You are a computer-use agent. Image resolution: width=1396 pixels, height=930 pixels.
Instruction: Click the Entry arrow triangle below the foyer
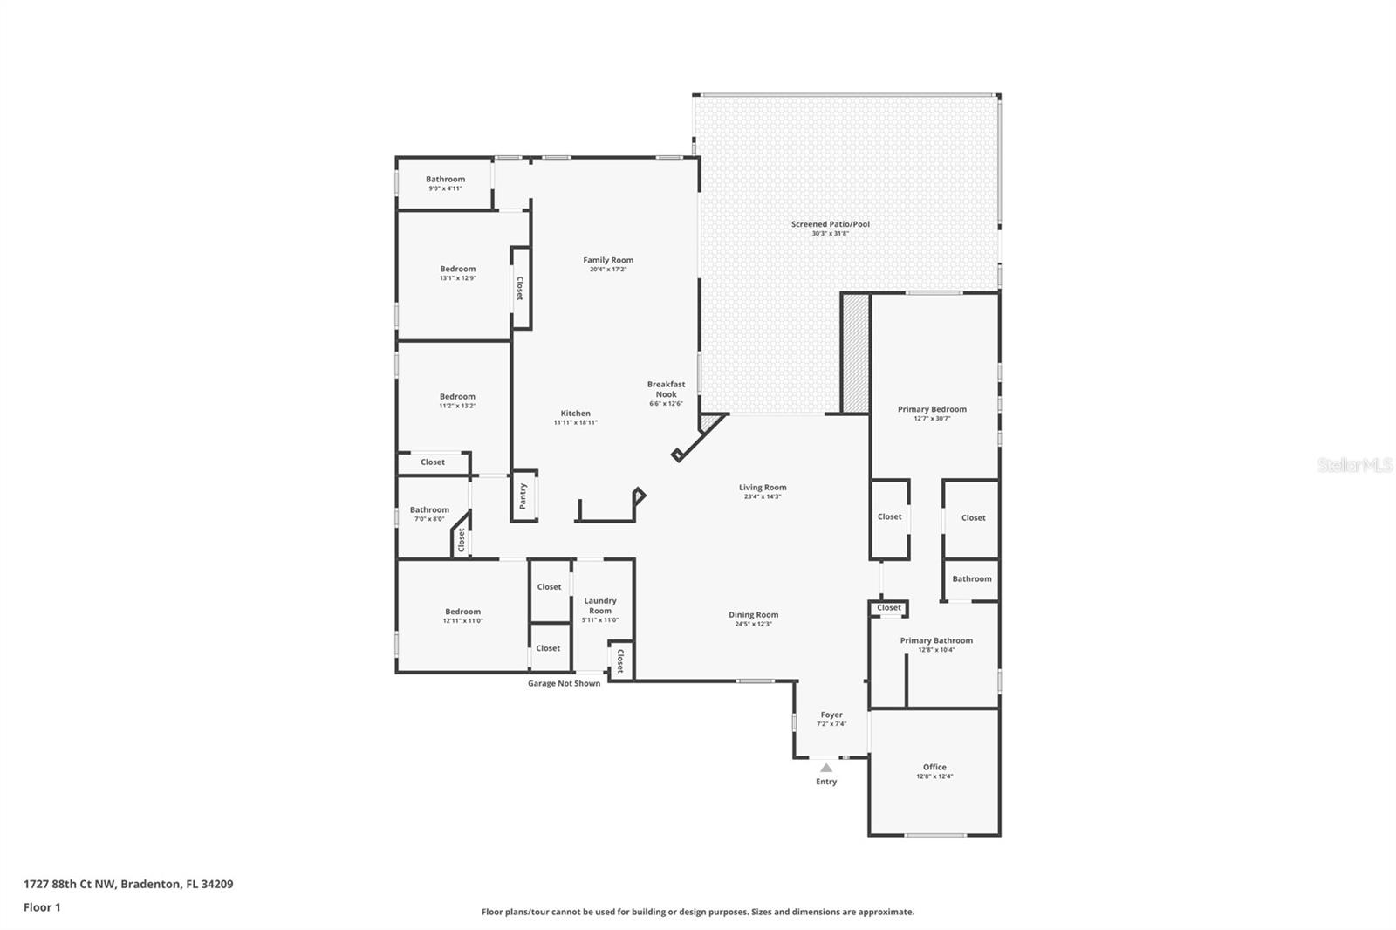click(825, 768)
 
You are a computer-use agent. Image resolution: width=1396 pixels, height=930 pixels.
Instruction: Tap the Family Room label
click(608, 260)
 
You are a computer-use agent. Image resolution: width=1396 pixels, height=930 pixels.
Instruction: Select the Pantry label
click(523, 496)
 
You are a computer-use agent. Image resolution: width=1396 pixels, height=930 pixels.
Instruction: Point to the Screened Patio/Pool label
click(830, 223)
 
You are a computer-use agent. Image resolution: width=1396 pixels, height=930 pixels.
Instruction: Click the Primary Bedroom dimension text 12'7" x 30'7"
click(933, 418)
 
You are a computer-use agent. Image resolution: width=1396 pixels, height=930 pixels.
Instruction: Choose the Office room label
click(934, 767)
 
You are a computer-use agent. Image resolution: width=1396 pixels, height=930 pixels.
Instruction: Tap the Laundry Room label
click(600, 605)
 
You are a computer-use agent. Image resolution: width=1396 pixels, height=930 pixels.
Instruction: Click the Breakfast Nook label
click(667, 389)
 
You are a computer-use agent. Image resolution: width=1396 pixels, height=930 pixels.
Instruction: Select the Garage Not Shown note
click(564, 683)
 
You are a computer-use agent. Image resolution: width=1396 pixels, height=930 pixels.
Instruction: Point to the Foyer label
click(831, 715)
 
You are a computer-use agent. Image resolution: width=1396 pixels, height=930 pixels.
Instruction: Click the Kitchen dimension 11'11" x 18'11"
click(575, 422)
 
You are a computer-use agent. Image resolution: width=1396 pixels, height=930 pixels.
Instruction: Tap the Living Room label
click(763, 487)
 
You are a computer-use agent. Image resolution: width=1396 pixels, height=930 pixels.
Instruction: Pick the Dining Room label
click(754, 614)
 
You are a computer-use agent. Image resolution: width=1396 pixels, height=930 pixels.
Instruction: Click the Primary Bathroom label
click(936, 640)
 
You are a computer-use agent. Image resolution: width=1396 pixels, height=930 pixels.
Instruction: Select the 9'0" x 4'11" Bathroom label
click(445, 179)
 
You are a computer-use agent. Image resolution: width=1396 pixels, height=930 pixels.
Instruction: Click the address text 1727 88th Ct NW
click(69, 883)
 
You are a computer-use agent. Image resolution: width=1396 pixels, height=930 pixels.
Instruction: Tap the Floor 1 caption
click(43, 907)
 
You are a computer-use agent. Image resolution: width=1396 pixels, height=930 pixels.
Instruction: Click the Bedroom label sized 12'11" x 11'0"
click(463, 612)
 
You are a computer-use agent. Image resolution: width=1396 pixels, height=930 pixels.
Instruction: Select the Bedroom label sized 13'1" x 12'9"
click(457, 269)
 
